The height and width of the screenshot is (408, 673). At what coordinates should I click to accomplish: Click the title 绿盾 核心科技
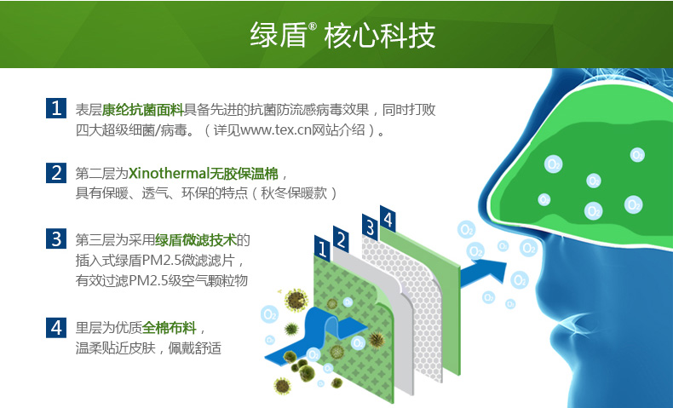pyautogui.click(x=342, y=35)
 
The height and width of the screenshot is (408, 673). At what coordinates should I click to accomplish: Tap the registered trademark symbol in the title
pyautogui.click(x=313, y=26)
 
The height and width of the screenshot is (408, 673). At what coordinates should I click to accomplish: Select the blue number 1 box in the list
pyautogui.click(x=56, y=108)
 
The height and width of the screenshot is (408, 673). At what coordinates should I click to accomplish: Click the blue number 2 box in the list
pyautogui.click(x=56, y=173)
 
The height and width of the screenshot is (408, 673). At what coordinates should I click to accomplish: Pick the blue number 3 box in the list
pyautogui.click(x=56, y=238)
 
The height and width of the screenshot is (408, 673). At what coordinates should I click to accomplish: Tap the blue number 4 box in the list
pyautogui.click(x=56, y=328)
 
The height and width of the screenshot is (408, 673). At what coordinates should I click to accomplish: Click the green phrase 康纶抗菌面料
pyautogui.click(x=143, y=110)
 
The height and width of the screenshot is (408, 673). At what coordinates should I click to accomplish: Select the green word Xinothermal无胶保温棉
pyautogui.click(x=203, y=173)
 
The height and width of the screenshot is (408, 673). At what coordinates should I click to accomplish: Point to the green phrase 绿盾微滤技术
pyautogui.click(x=196, y=240)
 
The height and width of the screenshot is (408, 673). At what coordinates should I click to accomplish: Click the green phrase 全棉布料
pyautogui.click(x=170, y=328)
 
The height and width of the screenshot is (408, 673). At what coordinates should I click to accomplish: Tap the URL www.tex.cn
pyautogui.click(x=275, y=129)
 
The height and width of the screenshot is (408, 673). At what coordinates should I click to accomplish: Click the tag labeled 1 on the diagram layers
pyautogui.click(x=322, y=249)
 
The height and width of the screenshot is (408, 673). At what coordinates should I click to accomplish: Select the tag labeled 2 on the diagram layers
pyautogui.click(x=341, y=240)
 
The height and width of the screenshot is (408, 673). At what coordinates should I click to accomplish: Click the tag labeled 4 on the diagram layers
pyautogui.click(x=388, y=219)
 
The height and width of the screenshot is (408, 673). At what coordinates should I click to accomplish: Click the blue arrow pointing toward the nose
pyautogui.click(x=483, y=273)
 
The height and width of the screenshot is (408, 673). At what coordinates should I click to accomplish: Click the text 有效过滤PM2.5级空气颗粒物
pyautogui.click(x=162, y=280)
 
